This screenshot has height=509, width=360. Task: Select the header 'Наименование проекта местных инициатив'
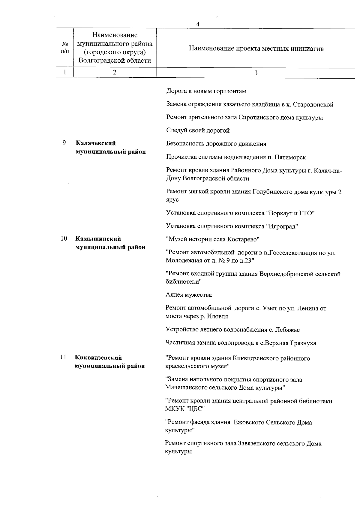256,49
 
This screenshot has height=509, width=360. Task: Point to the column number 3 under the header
256,73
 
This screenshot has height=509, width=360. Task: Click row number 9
64,143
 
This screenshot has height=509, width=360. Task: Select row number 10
64,239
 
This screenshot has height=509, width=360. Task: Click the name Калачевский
95,143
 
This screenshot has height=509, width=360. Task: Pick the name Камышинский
98,239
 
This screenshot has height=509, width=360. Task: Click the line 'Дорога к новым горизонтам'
206,91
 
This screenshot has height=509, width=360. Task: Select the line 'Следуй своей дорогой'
198,130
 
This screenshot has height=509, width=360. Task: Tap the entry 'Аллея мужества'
189,295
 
